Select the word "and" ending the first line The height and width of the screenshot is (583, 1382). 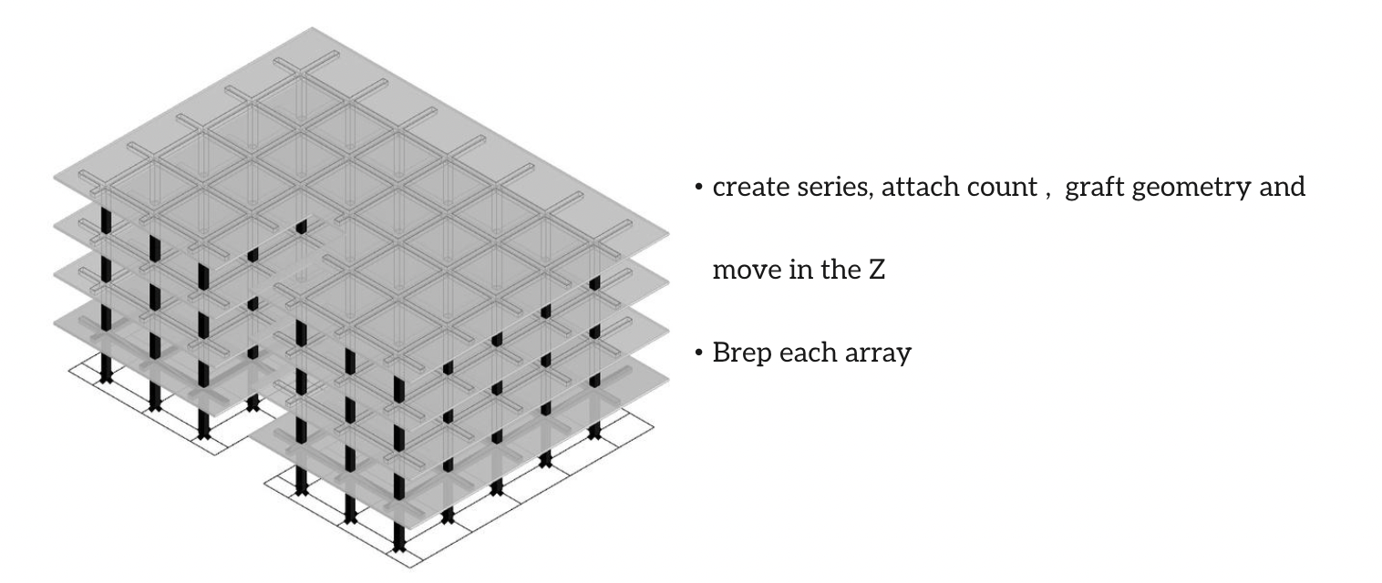click(x=1285, y=188)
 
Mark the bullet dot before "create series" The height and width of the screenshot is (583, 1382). click(x=698, y=189)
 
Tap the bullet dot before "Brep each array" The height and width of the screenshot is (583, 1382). click(x=698, y=353)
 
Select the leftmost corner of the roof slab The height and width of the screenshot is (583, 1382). click(x=55, y=172)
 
